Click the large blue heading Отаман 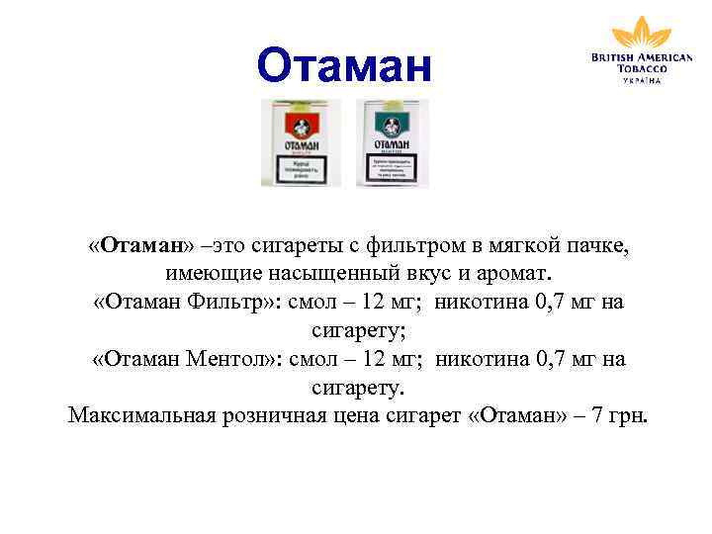coord(344,66)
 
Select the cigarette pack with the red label coord(301,142)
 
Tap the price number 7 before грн coord(599,414)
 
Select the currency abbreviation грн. coord(629,414)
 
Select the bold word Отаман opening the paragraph coord(139,244)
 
